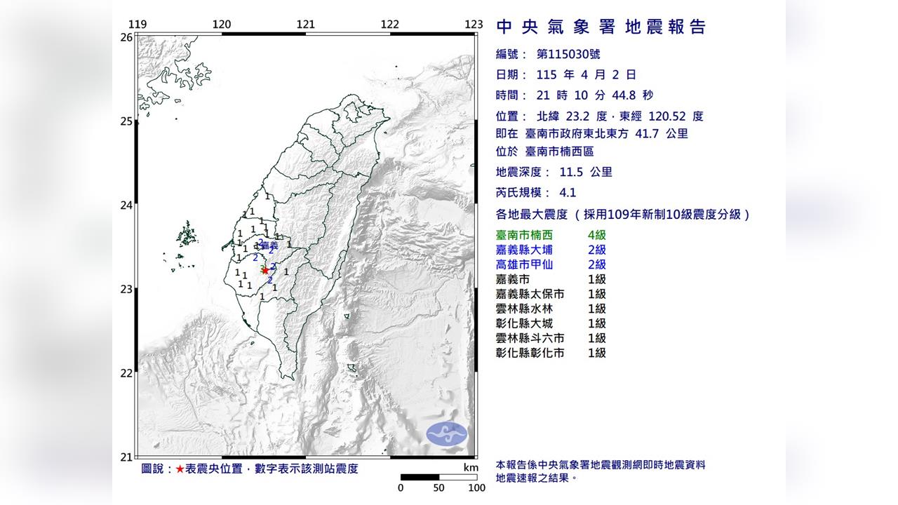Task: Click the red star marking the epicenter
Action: click(x=265, y=271)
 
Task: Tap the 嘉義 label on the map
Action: click(x=269, y=245)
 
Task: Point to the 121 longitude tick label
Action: click(x=305, y=25)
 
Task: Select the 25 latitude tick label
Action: click(x=126, y=121)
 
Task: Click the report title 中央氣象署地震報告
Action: click(x=601, y=27)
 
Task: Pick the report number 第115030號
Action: click(x=568, y=54)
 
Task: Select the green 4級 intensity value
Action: click(x=596, y=235)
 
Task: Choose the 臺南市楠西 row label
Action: click(x=523, y=235)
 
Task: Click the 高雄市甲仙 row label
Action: click(x=523, y=264)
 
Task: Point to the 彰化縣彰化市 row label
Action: click(x=530, y=353)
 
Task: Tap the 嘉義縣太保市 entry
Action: click(x=530, y=294)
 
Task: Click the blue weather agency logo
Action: click(x=447, y=433)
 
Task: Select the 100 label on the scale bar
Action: click(x=476, y=488)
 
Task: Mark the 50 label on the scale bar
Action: click(x=438, y=488)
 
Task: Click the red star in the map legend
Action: click(x=180, y=469)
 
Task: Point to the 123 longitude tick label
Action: click(x=474, y=25)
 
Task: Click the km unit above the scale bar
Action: click(x=470, y=468)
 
